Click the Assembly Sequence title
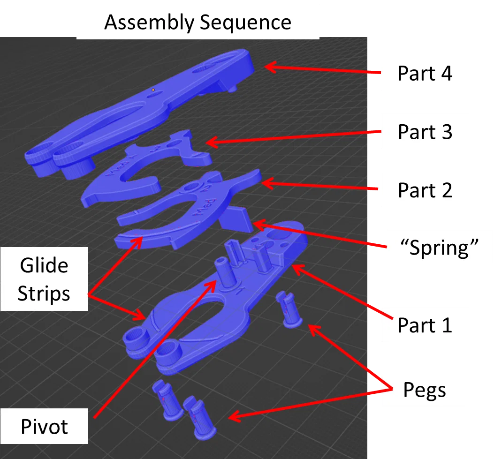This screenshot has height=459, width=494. click(198, 22)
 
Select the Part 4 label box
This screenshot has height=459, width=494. click(425, 73)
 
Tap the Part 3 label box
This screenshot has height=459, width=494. click(425, 132)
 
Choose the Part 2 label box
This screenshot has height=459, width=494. click(425, 190)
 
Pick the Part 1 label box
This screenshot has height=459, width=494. click(425, 324)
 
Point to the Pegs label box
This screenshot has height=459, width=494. click(425, 389)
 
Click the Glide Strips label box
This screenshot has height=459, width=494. click(44, 280)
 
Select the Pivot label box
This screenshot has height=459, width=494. click(44, 427)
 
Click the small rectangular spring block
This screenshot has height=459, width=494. click(239, 218)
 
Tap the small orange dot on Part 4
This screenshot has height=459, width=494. click(153, 89)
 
